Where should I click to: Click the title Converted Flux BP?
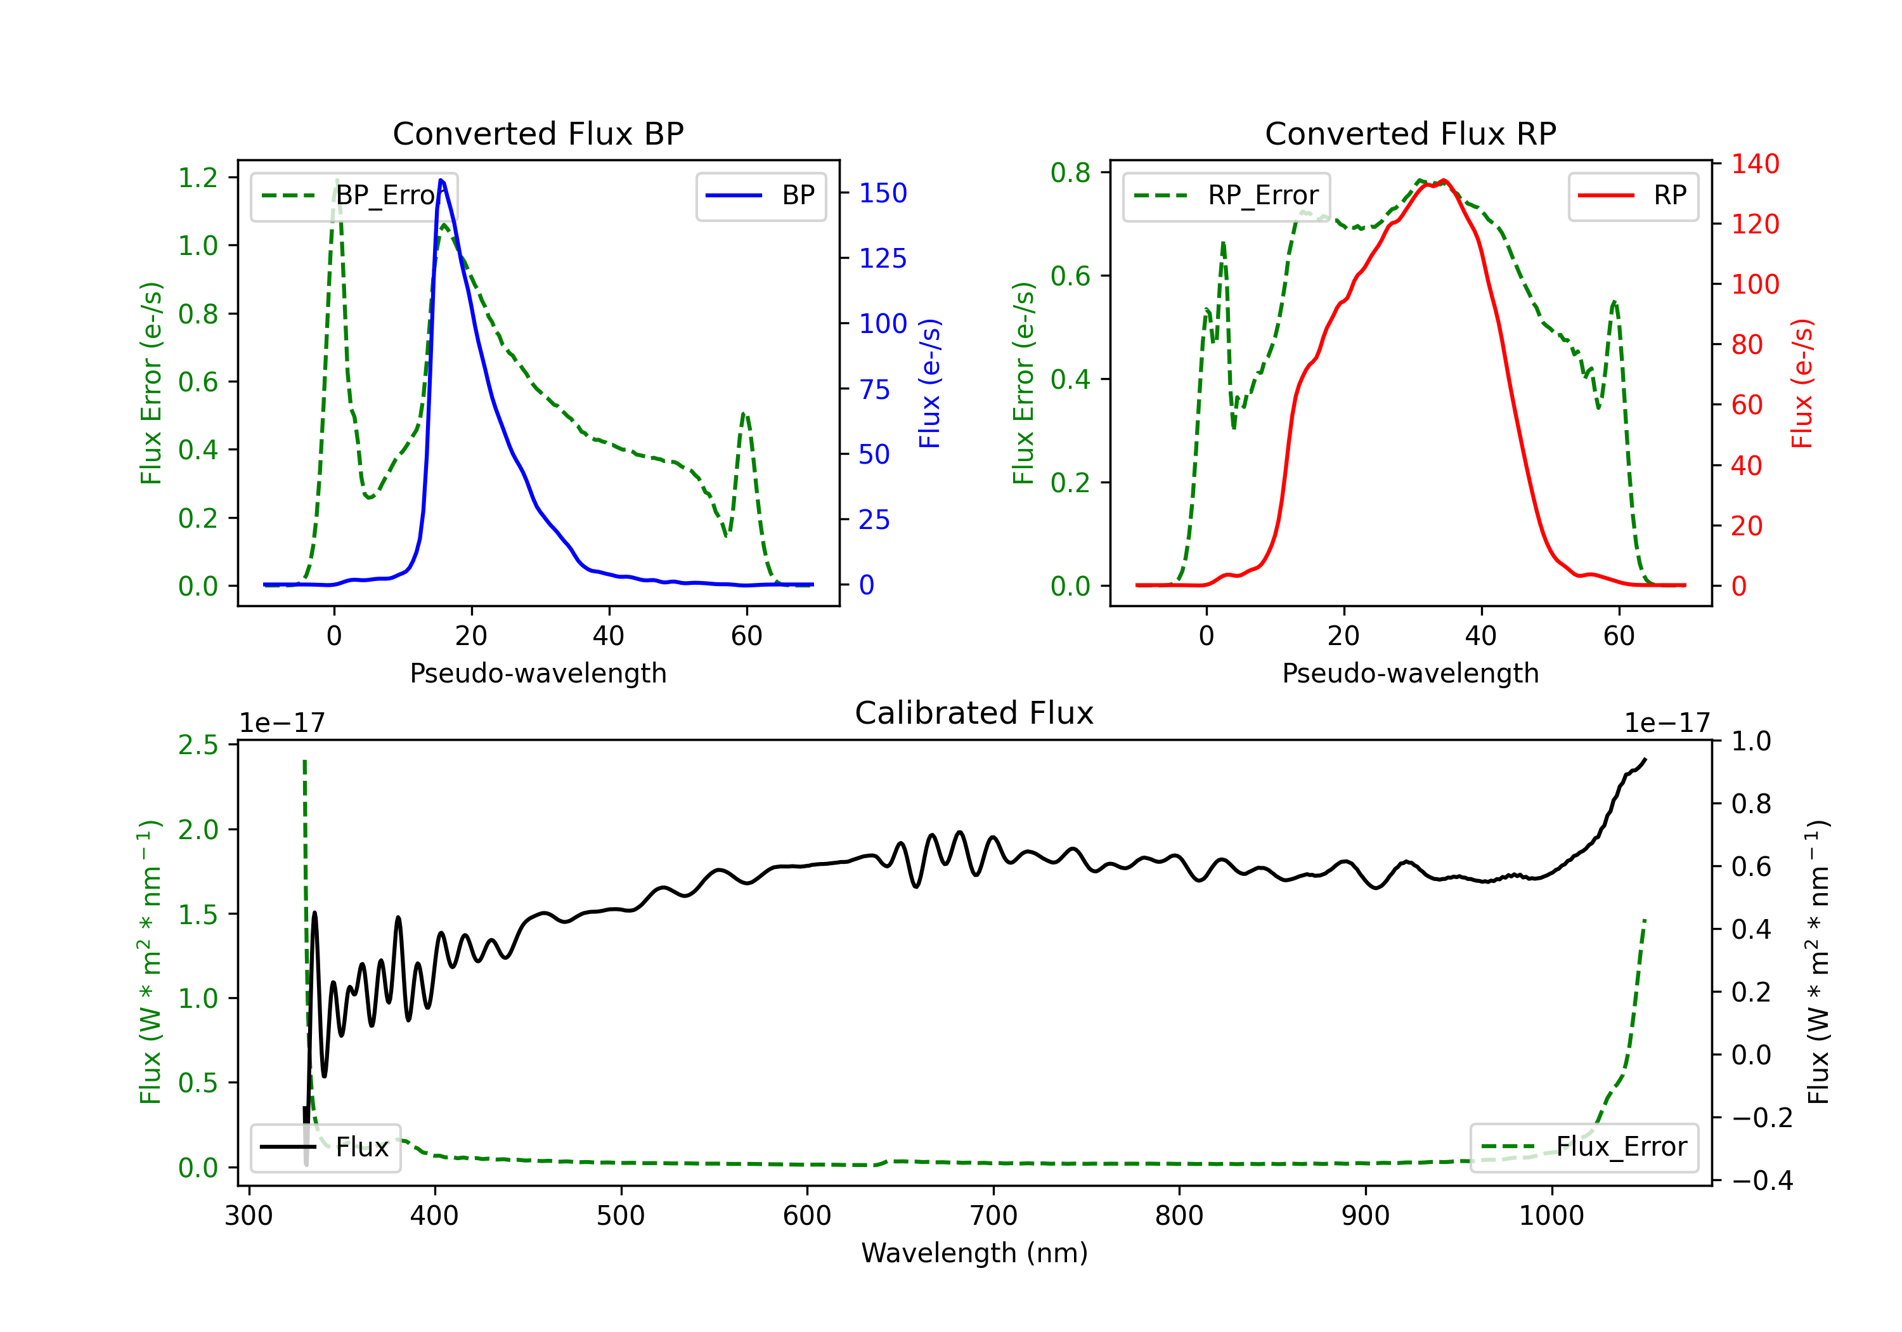click(x=538, y=133)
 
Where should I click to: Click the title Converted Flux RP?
click(x=1410, y=133)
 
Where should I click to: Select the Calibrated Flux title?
click(x=974, y=713)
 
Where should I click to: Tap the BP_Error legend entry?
click(x=354, y=195)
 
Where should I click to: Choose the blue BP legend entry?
click(x=760, y=195)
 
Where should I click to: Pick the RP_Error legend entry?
click(x=1226, y=195)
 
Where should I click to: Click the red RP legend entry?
click(x=1633, y=195)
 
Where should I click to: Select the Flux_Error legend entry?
click(x=1584, y=1147)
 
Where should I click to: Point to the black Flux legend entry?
click(x=325, y=1147)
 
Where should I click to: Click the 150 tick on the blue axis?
click(x=883, y=193)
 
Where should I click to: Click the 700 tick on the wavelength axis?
click(x=993, y=1215)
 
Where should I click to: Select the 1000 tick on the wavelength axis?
click(x=1551, y=1215)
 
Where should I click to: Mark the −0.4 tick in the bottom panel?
click(x=1762, y=1180)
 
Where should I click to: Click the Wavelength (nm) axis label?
click(x=974, y=1253)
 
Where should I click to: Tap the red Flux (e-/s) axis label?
click(x=1802, y=383)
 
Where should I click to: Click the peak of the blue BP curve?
click(x=441, y=180)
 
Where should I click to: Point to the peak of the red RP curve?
click(x=1444, y=180)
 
